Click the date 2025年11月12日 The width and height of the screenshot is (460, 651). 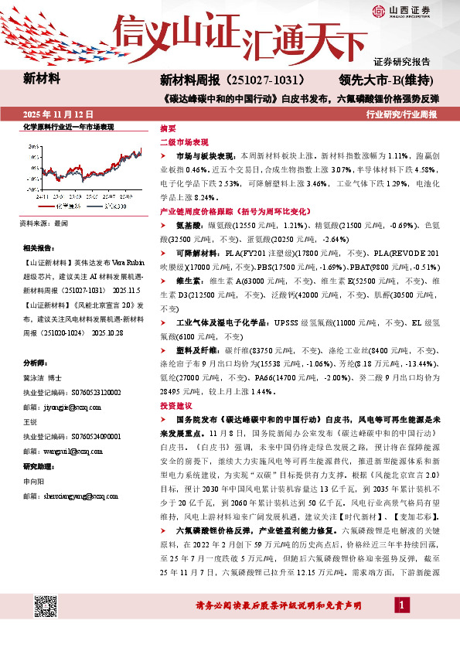[x=53, y=114]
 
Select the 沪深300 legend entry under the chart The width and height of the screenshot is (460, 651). [x=103, y=207]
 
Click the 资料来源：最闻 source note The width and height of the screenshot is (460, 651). [x=43, y=223]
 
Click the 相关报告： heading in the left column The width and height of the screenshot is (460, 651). [x=39, y=248]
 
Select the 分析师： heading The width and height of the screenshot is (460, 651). [x=36, y=362]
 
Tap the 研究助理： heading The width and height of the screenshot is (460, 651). [x=39, y=466]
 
